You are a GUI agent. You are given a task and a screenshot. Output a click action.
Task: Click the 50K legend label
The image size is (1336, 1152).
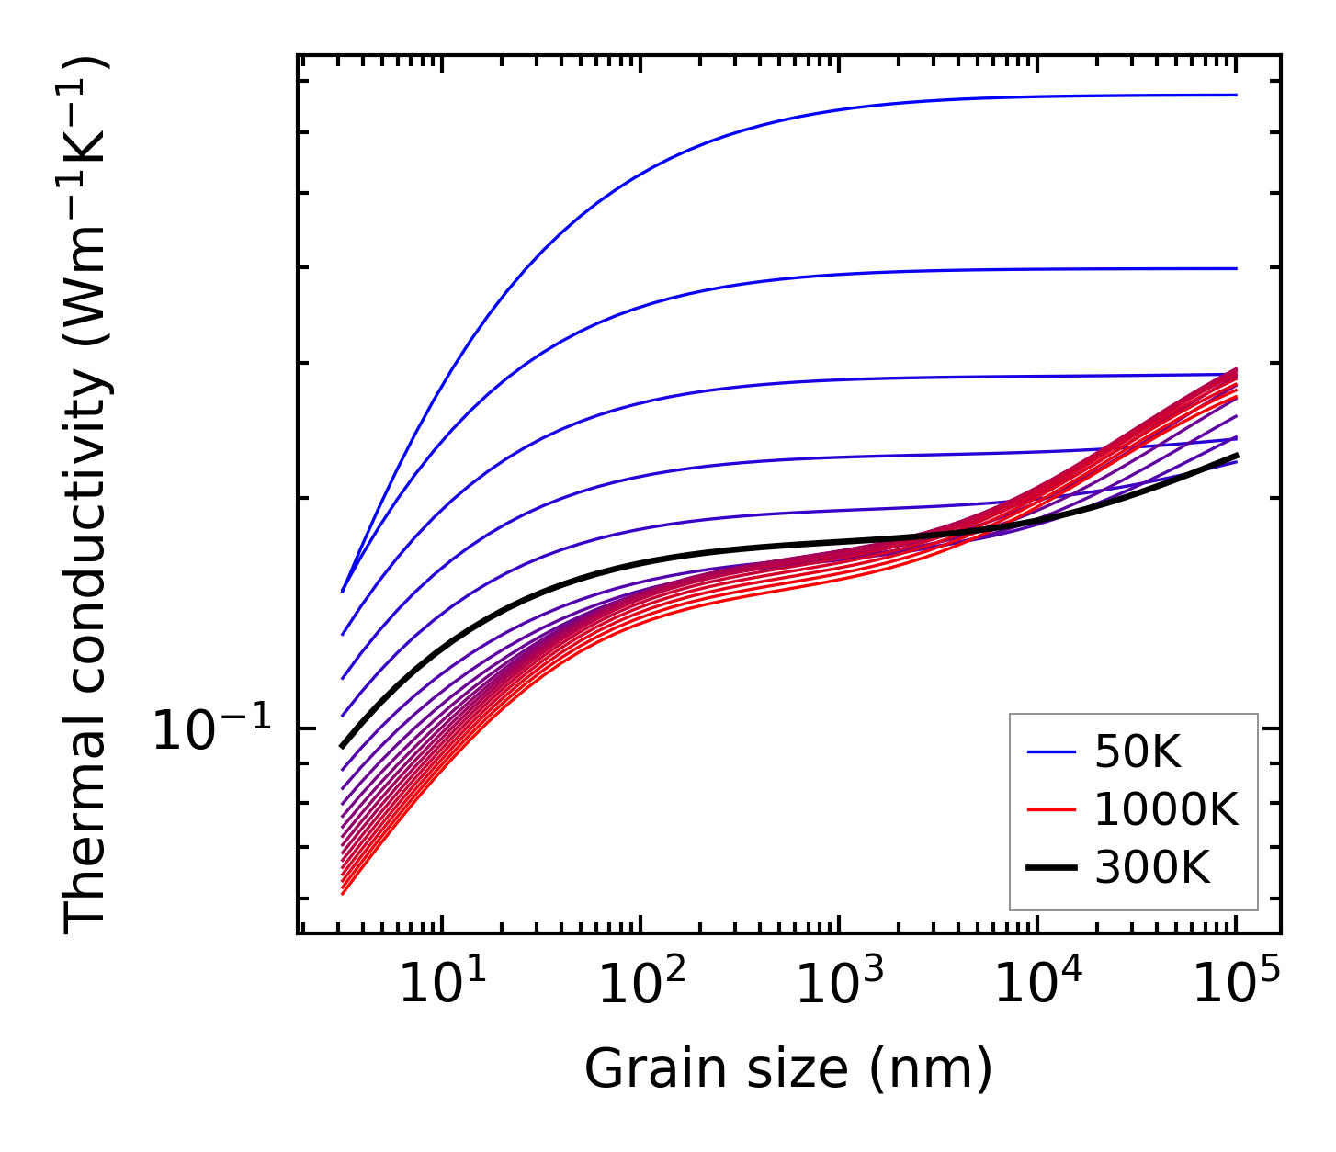point(1138,753)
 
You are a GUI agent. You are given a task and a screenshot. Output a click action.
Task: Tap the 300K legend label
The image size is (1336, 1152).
point(1152,866)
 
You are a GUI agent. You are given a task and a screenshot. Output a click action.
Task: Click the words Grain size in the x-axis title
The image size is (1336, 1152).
point(717,1069)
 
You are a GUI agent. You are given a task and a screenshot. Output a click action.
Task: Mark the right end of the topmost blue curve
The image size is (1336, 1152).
point(1237,95)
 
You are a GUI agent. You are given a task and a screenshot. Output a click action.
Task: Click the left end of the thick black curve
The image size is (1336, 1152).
point(342,747)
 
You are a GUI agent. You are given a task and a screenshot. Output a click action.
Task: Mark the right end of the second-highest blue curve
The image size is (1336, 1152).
point(1237,268)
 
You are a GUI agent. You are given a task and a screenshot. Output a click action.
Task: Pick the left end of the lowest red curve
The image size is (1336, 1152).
point(342,893)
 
